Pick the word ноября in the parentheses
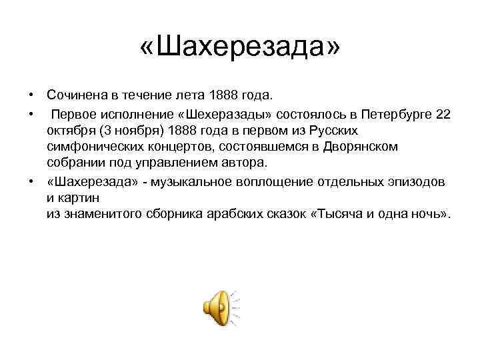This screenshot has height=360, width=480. [141, 130]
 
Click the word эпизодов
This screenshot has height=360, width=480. [422, 181]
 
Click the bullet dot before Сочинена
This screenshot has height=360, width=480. [31, 97]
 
